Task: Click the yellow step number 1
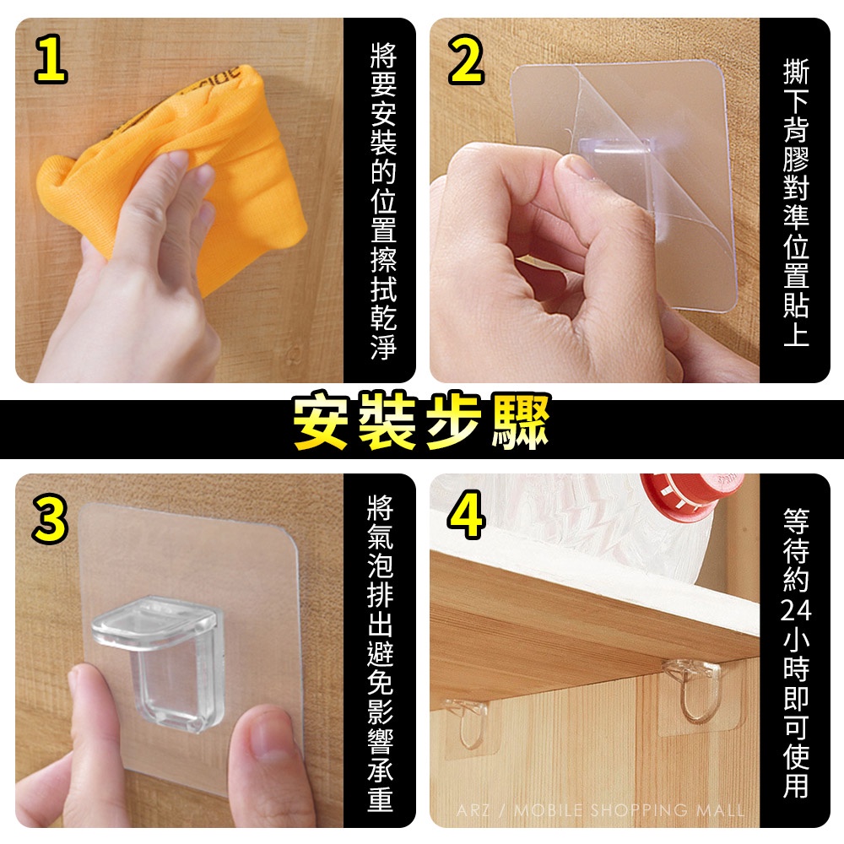point(51,60)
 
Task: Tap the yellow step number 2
point(466,60)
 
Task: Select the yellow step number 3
point(51,519)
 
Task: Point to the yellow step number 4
point(466,517)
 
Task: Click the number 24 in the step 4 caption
point(796,610)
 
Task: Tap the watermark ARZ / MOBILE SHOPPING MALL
point(600,810)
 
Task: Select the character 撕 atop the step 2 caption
point(796,72)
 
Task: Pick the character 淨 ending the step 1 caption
point(384,346)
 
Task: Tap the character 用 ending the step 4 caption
point(796,784)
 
